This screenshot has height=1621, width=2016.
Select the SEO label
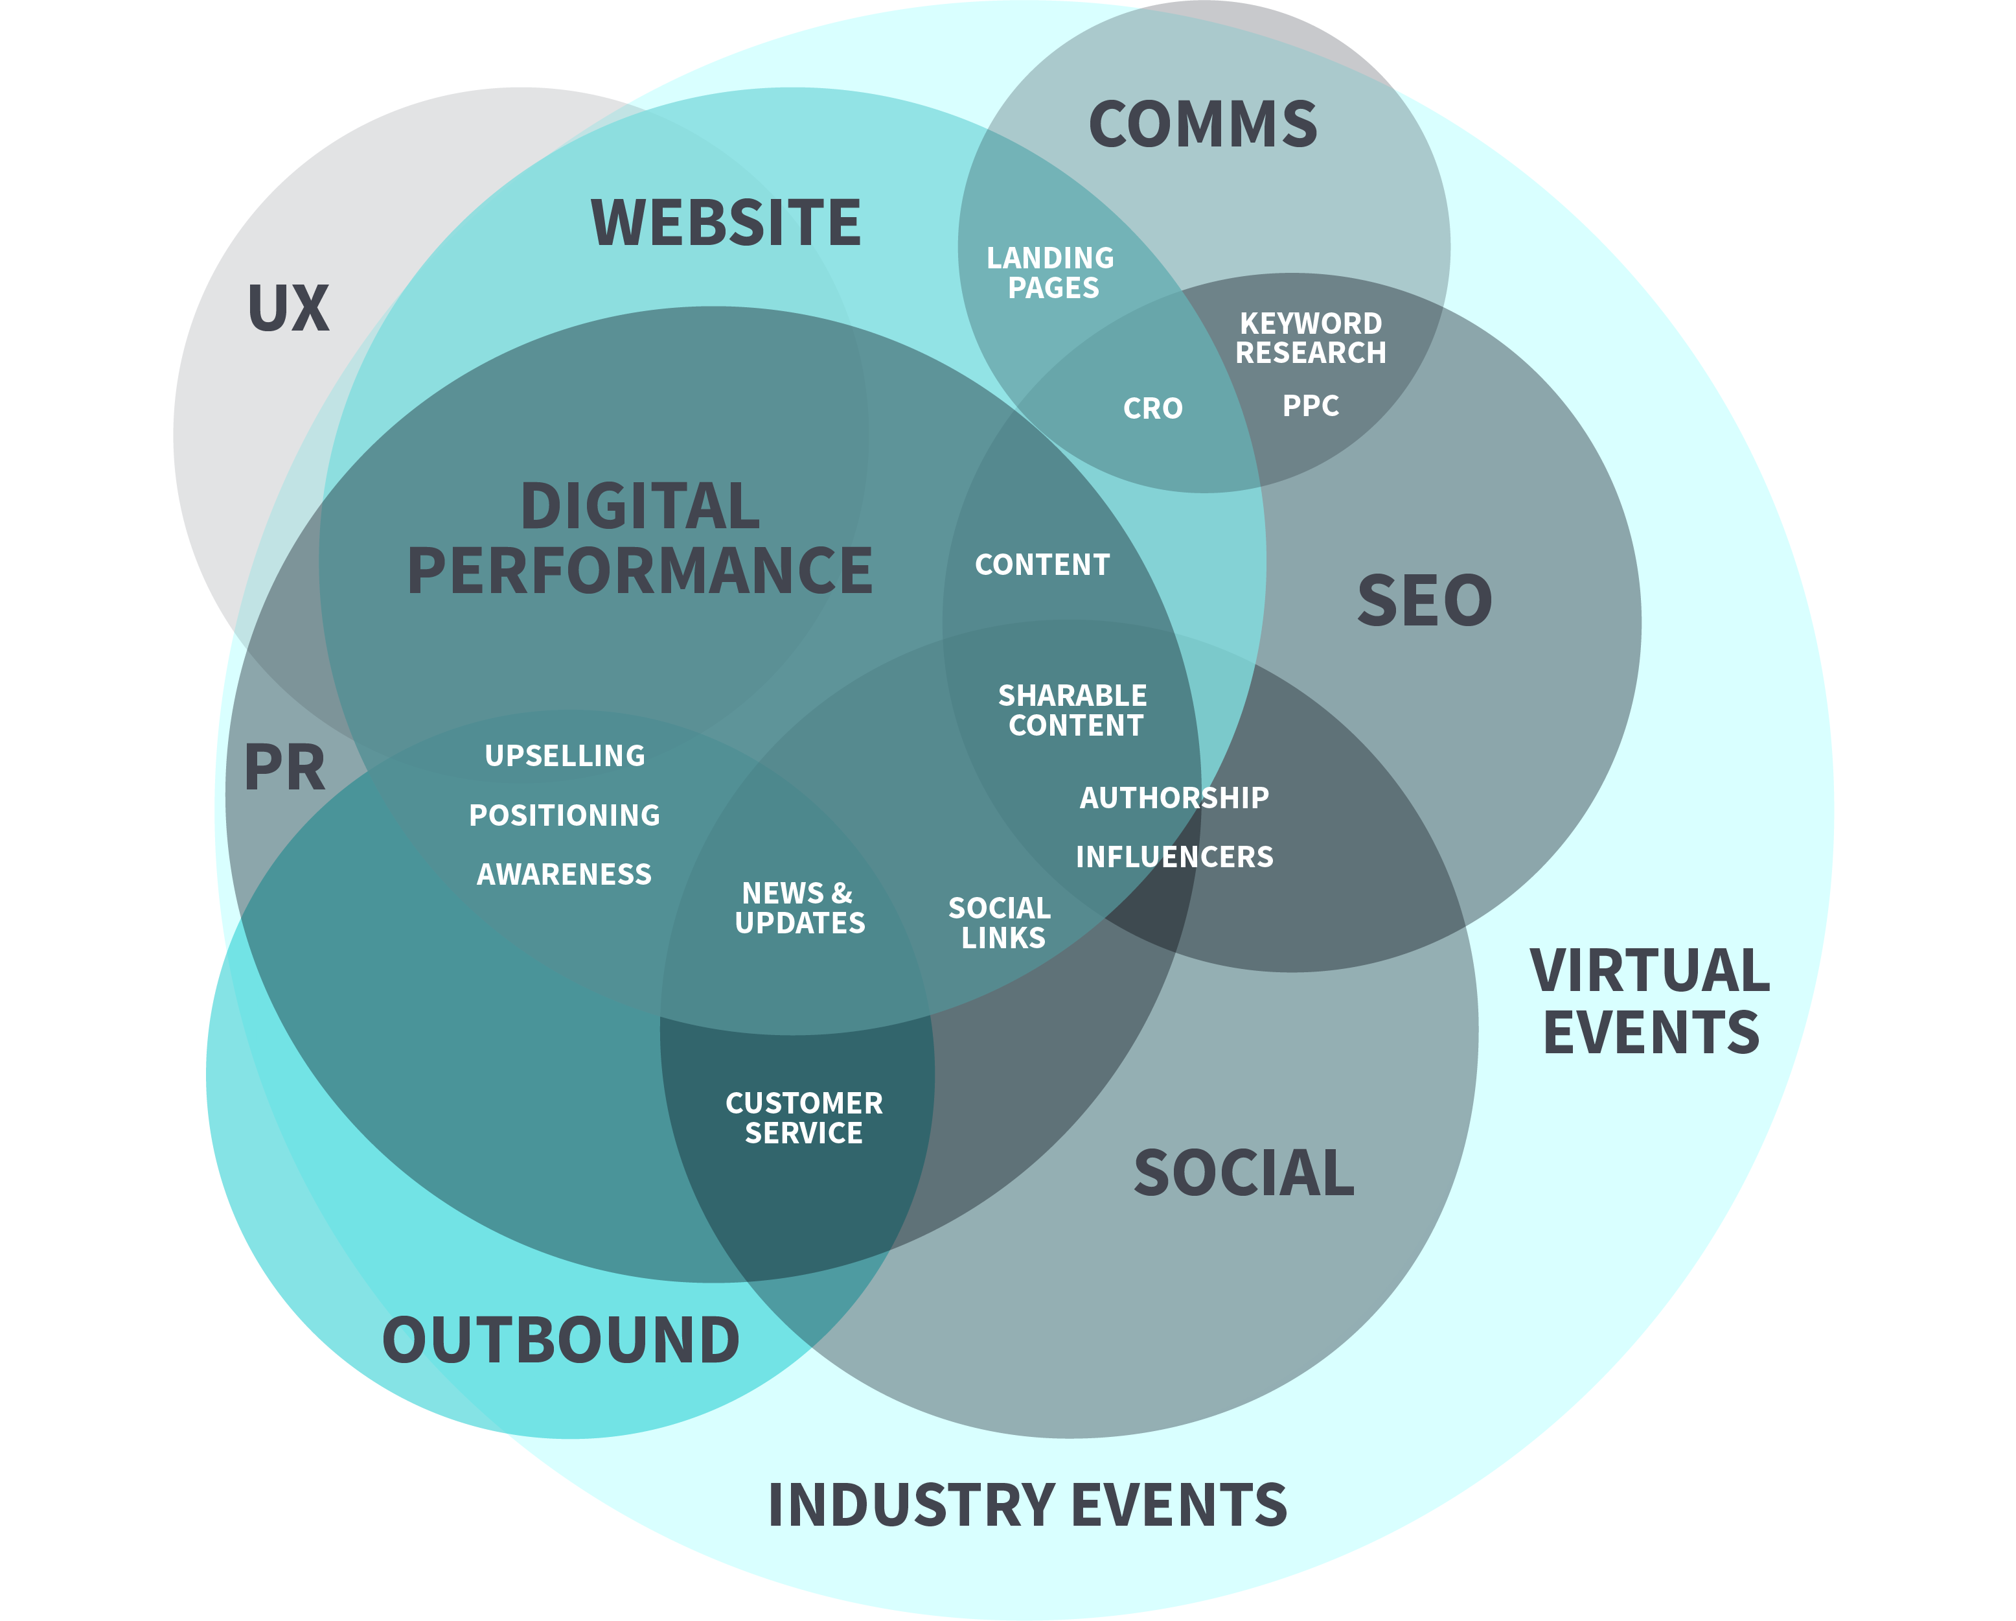[x=1424, y=601]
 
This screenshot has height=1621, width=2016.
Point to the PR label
[x=284, y=768]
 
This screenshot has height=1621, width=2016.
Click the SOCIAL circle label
[x=1244, y=1173]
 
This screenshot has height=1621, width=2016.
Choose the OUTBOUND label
[x=561, y=1340]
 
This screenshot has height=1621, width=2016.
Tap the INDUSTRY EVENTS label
[x=1027, y=1505]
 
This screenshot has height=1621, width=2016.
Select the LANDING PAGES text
[x=1051, y=272]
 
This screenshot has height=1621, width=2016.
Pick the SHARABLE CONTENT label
[x=1073, y=710]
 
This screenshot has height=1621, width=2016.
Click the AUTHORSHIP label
[x=1174, y=798]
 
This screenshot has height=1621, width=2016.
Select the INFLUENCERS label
[x=1174, y=857]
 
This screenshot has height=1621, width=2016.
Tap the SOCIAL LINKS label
[x=1000, y=922]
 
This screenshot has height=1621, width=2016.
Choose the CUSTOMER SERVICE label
[x=804, y=1118]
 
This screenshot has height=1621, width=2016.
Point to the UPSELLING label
[x=565, y=756]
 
